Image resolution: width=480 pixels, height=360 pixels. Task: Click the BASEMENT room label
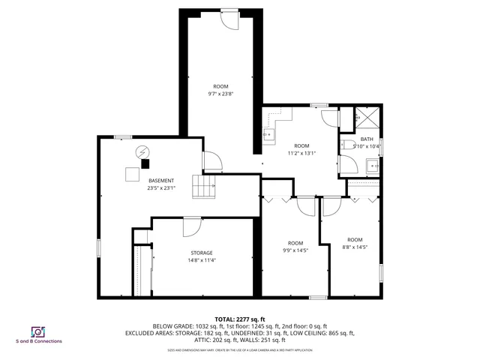click(161, 181)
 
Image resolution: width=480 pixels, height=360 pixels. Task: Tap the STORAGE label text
click(201, 253)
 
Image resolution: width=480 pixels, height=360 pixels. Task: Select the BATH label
click(367, 139)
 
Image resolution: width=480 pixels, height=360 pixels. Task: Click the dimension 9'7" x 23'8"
click(220, 94)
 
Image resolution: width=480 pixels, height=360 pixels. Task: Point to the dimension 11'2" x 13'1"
click(301, 153)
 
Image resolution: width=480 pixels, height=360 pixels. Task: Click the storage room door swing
click(192, 226)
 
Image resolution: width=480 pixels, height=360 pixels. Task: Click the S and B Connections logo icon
click(36, 331)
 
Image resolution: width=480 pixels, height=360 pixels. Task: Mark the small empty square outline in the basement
click(132, 174)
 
